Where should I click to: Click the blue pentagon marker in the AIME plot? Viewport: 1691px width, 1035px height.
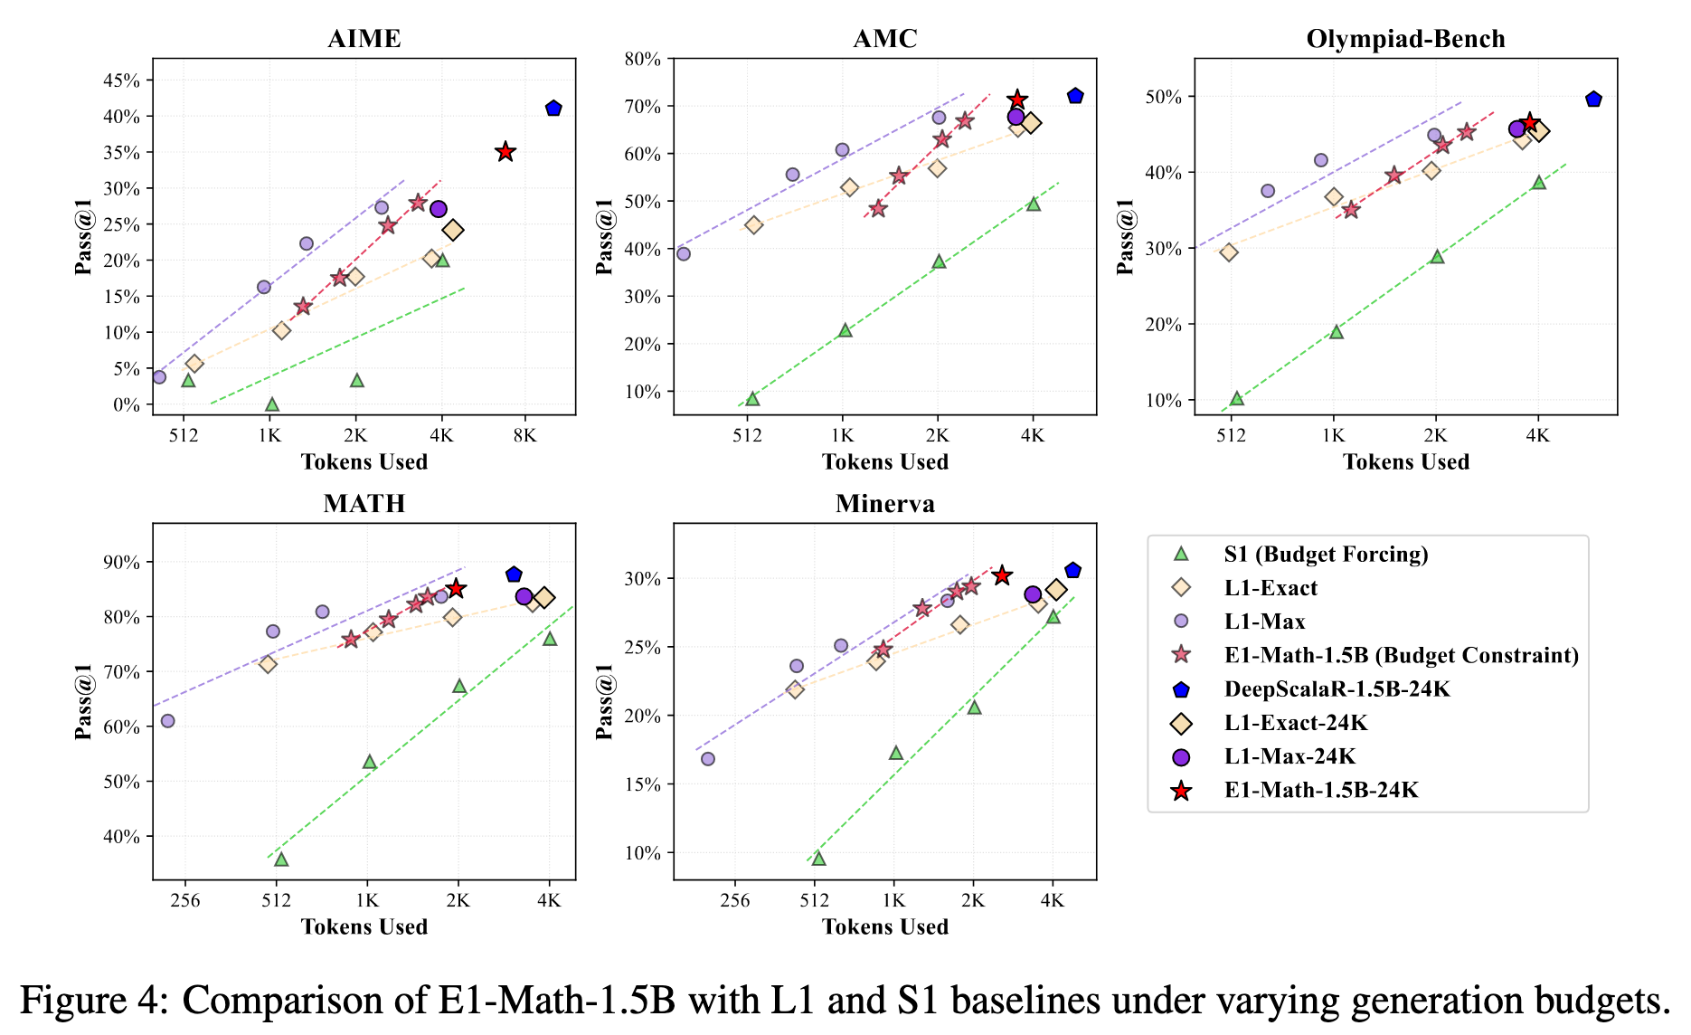[x=553, y=109]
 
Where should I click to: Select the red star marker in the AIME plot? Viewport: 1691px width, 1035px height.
[x=505, y=152]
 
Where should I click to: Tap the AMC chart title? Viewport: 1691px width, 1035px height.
[x=884, y=39]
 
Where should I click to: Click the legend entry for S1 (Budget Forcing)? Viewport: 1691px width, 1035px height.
[x=1325, y=555]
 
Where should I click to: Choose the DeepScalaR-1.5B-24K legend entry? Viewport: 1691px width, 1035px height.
[x=1337, y=689]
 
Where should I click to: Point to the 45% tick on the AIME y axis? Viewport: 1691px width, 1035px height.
[x=122, y=81]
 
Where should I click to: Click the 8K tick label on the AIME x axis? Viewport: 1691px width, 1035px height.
[x=524, y=435]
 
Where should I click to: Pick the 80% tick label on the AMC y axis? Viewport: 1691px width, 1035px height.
[x=644, y=59]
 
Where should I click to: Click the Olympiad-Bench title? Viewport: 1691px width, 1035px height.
[x=1405, y=39]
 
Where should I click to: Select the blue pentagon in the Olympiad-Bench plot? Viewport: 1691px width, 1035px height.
[x=1593, y=100]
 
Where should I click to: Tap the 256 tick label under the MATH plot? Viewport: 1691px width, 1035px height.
[x=185, y=900]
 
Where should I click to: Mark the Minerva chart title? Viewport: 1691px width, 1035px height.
[x=884, y=504]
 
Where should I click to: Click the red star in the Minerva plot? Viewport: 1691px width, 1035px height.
[x=1002, y=575]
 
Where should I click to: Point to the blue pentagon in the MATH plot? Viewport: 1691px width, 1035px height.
[x=514, y=574]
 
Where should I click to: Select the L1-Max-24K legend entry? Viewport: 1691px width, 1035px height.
[x=1290, y=757]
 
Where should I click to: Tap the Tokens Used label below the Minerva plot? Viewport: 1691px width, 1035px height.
[x=884, y=926]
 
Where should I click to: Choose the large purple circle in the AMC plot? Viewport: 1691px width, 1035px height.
[x=1016, y=117]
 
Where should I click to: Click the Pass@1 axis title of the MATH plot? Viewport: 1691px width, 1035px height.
[x=83, y=701]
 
